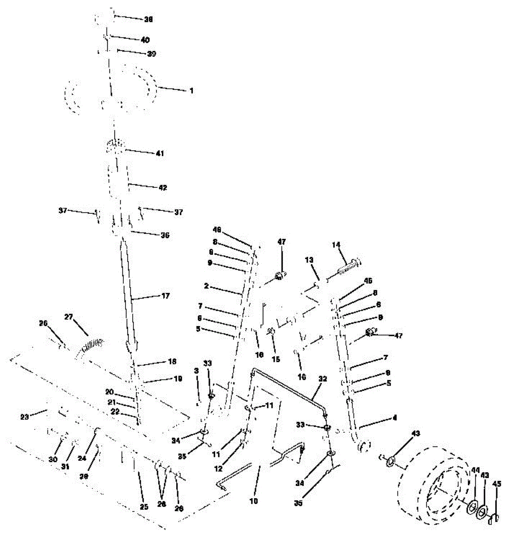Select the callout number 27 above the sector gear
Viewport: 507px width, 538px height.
click(68, 317)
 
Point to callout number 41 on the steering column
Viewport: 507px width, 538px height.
click(160, 153)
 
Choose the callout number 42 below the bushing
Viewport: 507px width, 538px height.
click(162, 188)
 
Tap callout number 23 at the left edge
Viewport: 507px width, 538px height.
click(24, 417)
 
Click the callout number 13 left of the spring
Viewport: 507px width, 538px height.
click(309, 260)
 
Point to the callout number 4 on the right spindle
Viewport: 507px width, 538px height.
click(394, 418)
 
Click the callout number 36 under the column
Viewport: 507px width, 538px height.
click(165, 235)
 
